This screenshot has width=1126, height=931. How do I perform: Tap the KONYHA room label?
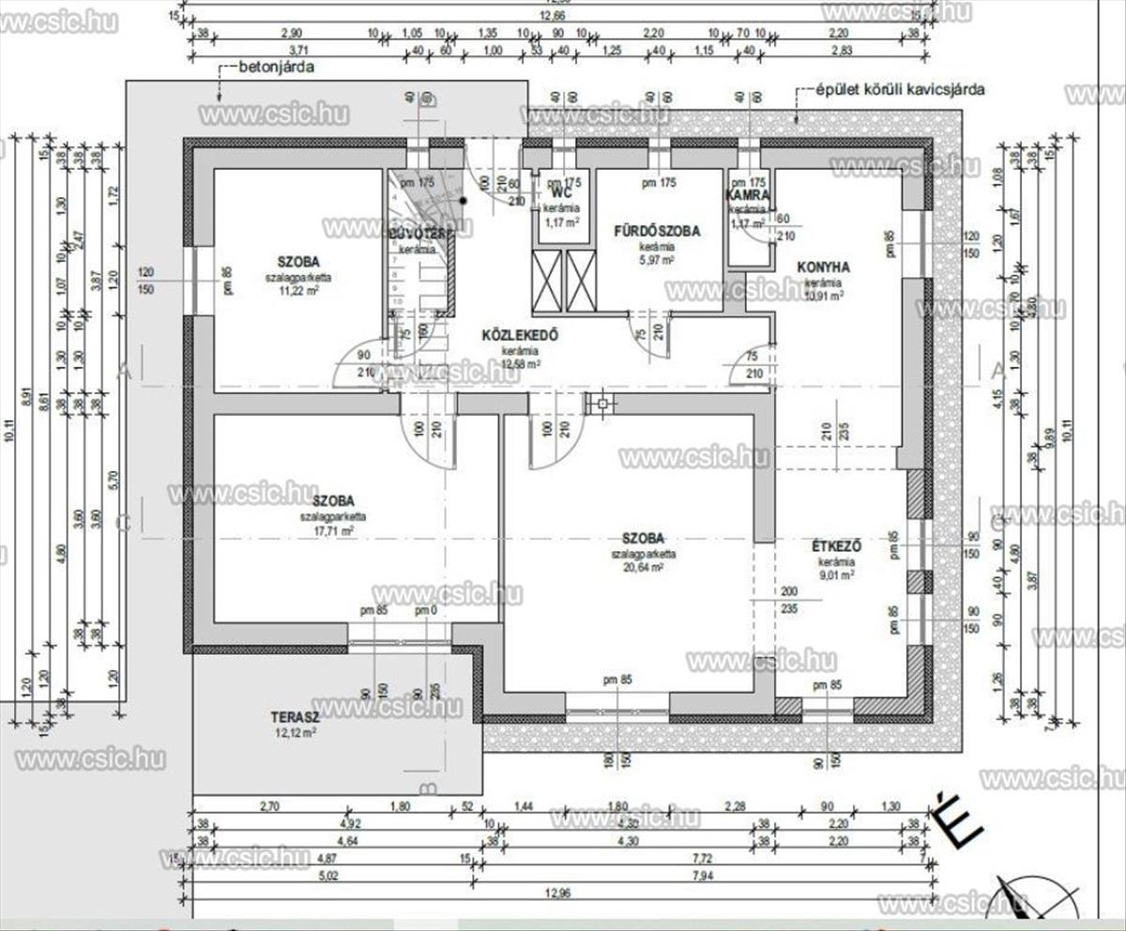pyautogui.click(x=823, y=267)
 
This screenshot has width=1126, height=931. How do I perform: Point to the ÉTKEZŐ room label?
pyautogui.click(x=837, y=546)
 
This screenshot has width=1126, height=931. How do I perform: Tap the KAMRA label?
pyautogui.click(x=748, y=195)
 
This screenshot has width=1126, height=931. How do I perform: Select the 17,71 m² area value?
pyautogui.click(x=332, y=530)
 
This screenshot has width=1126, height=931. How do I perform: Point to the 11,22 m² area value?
pyautogui.click(x=297, y=291)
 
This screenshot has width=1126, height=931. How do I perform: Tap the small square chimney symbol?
pyautogui.click(x=600, y=404)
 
